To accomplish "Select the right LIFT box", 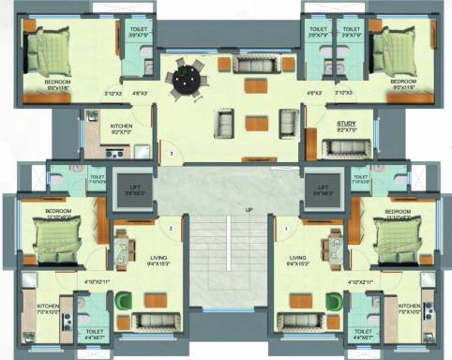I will point(320,192).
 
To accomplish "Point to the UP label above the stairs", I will point(249,209).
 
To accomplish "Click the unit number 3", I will point(170,152).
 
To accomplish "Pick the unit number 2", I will point(170,228).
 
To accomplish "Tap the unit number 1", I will point(282,228).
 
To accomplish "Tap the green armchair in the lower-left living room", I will point(124,301).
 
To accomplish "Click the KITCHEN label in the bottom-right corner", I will point(409,306).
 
